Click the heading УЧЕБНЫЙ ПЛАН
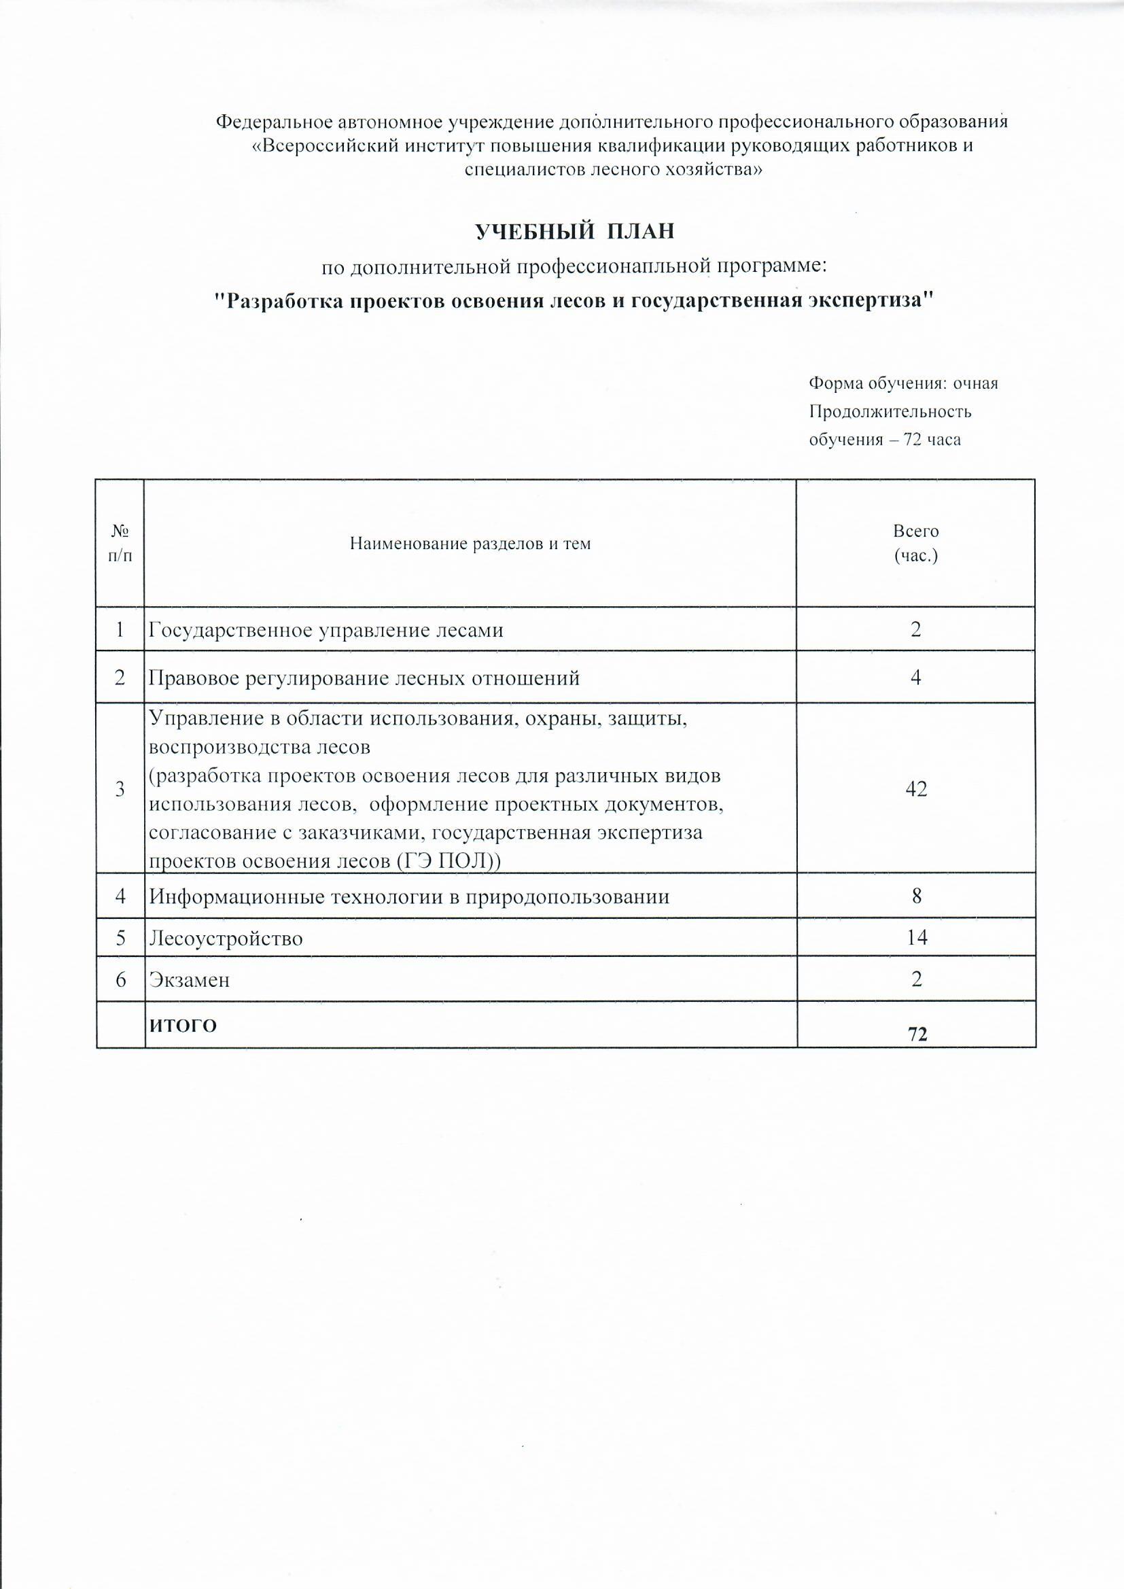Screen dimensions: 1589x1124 (574, 232)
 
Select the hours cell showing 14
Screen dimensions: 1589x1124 (916, 938)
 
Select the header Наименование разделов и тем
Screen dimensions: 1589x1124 (470, 544)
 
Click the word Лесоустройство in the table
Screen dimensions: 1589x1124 (226, 939)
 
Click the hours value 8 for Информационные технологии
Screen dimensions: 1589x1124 (916, 896)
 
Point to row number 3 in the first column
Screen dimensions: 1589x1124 (121, 789)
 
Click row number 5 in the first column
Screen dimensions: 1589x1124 (121, 939)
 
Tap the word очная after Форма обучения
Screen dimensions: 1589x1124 (976, 383)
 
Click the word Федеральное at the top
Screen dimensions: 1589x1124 (274, 122)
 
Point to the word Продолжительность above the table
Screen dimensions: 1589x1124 (890, 412)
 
